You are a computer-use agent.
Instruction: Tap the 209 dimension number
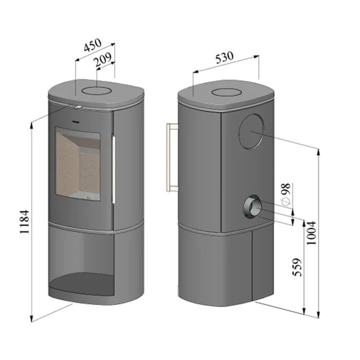click(x=103, y=60)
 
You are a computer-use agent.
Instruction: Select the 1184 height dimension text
click(x=25, y=222)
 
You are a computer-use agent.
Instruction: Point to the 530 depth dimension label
click(x=224, y=57)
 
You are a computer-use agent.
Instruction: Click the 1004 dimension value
click(x=311, y=233)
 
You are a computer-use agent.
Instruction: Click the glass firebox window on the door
click(x=78, y=164)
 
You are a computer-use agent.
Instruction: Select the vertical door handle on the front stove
click(x=114, y=169)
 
